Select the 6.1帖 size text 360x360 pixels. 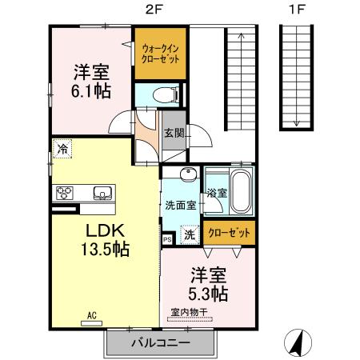pyautogui.click(x=79, y=90)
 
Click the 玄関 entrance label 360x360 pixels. pyautogui.click(x=174, y=134)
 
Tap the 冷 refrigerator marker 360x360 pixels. pyautogui.click(x=62, y=148)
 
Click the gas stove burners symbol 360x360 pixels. pyautogui.click(x=65, y=193)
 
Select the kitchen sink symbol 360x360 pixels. pyautogui.click(x=103, y=193)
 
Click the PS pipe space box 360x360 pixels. pyautogui.click(x=167, y=238)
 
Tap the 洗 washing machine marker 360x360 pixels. pyautogui.click(x=188, y=235)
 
